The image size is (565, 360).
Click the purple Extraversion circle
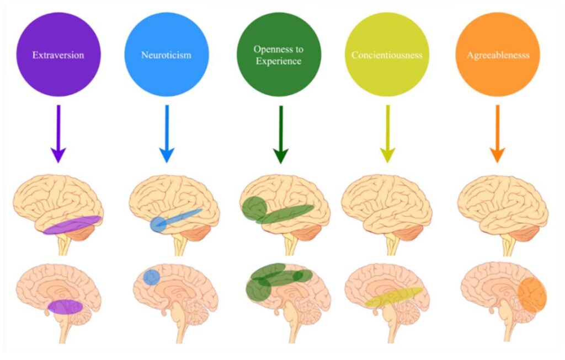pyautogui.click(x=58, y=54)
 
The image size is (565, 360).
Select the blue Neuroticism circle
pyautogui.click(x=167, y=54)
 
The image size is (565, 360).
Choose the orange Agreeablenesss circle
pyautogui.click(x=497, y=54)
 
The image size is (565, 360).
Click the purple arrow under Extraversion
pyautogui.click(x=58, y=135)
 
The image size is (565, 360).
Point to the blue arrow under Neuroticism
pyautogui.click(x=167, y=135)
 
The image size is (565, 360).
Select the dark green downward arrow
pyautogui.click(x=280, y=135)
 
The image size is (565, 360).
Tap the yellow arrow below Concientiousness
pyautogui.click(x=388, y=135)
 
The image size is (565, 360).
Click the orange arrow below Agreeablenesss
pyautogui.click(x=498, y=135)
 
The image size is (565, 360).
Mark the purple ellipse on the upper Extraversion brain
pyautogui.click(x=72, y=225)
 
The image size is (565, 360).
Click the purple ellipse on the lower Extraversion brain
pyautogui.click(x=65, y=307)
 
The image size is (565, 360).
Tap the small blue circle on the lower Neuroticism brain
pyautogui.click(x=151, y=277)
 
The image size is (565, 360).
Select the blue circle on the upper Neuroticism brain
pyautogui.click(x=158, y=224)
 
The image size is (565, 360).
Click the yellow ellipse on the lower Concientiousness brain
pyautogui.click(x=394, y=297)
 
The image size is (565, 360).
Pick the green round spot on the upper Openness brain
pyautogui.click(x=254, y=208)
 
